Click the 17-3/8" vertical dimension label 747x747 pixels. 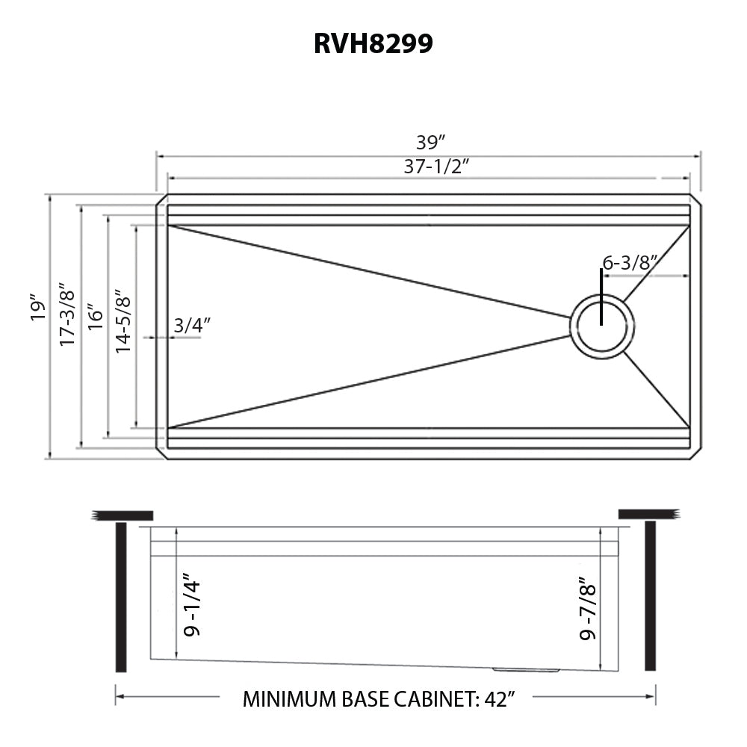point(67,314)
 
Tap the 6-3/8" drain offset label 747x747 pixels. point(629,262)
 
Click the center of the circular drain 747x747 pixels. point(602,326)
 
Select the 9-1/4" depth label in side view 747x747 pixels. point(192,605)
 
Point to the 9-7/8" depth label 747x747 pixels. point(589,612)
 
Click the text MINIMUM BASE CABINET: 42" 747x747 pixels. point(379,700)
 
